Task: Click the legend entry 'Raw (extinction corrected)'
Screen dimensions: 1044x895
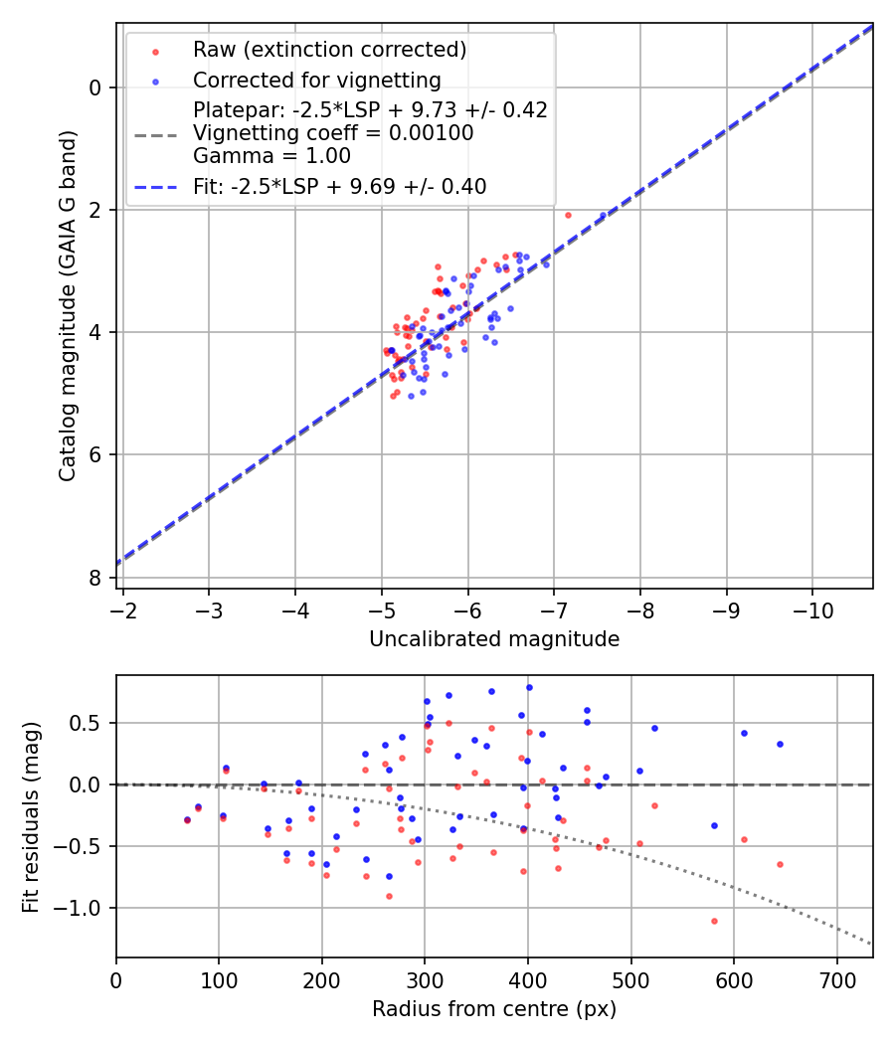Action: (x=329, y=50)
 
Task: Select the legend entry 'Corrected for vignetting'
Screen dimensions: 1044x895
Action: (x=316, y=80)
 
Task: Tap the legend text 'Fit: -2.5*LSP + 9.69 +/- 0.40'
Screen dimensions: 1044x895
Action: (x=339, y=186)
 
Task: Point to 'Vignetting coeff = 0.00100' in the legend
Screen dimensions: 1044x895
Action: (x=333, y=132)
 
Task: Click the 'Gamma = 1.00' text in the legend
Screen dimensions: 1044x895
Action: (x=271, y=155)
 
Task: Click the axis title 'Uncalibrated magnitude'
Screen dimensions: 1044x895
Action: (x=494, y=639)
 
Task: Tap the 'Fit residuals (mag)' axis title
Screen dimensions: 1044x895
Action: (x=31, y=816)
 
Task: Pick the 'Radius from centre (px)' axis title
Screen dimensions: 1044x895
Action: (x=494, y=1009)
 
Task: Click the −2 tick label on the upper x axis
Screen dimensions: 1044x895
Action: (x=122, y=609)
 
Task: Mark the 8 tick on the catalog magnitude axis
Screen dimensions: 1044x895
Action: (x=96, y=578)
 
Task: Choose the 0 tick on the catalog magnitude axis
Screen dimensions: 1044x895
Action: (x=96, y=87)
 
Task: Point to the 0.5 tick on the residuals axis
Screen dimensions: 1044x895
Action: (x=90, y=723)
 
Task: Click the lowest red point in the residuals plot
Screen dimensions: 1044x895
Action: (x=714, y=921)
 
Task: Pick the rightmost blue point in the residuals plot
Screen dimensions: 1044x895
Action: (x=780, y=744)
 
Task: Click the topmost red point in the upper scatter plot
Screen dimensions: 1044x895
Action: (x=568, y=215)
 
